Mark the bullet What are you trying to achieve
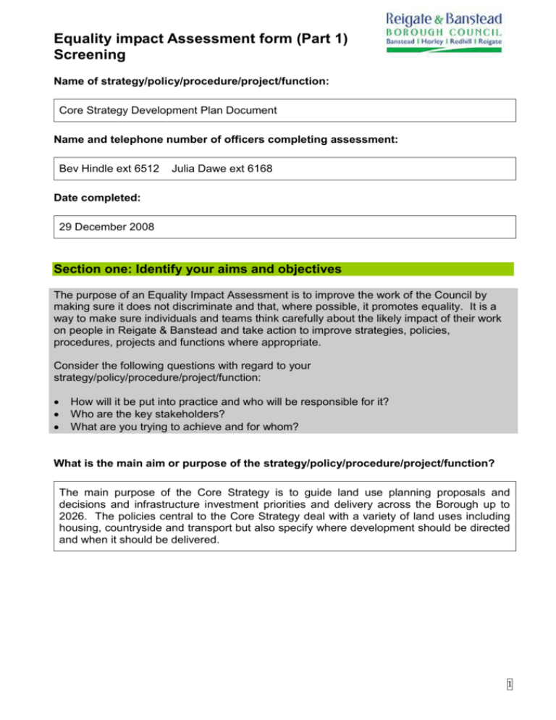195,427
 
